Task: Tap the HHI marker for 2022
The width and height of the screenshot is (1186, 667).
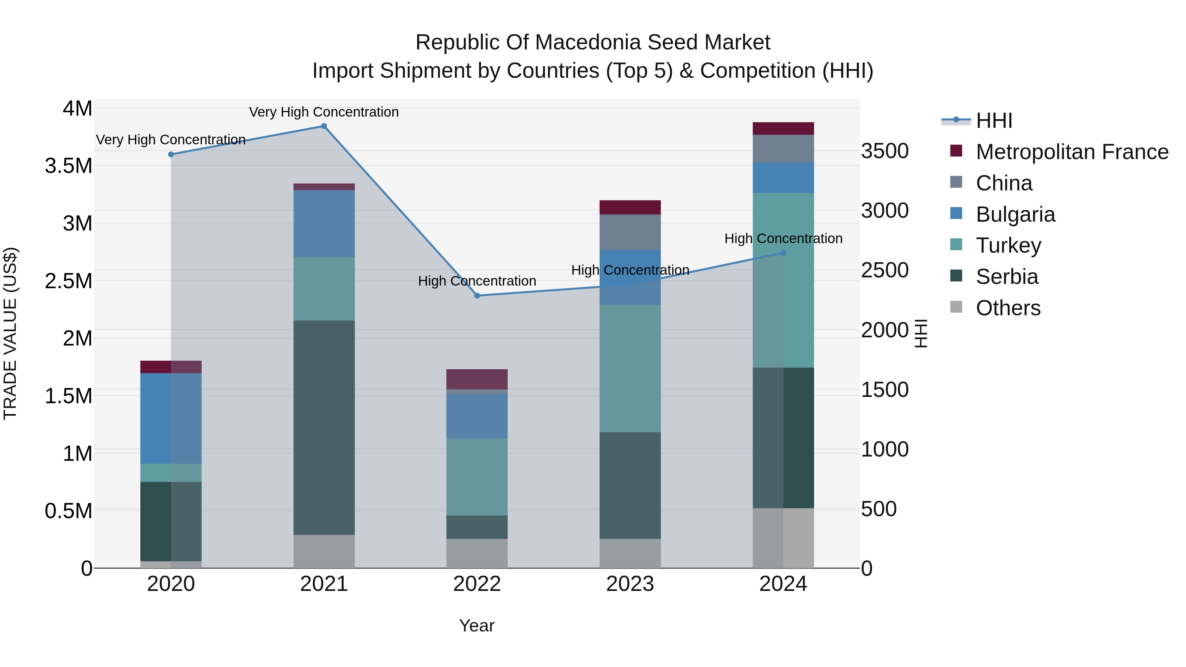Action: click(477, 295)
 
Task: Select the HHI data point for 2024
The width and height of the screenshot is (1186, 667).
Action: click(783, 253)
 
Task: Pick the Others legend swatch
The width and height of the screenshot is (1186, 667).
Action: click(956, 307)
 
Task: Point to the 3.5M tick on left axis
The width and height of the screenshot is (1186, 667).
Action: click(68, 166)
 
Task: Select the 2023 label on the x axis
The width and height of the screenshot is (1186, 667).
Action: click(630, 584)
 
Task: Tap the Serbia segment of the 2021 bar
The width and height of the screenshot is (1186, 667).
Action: click(324, 427)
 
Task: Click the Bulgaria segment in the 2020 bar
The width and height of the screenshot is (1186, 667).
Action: click(171, 418)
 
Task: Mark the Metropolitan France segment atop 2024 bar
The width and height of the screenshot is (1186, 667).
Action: click(783, 128)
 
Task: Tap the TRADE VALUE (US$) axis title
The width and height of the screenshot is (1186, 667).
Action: click(11, 333)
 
